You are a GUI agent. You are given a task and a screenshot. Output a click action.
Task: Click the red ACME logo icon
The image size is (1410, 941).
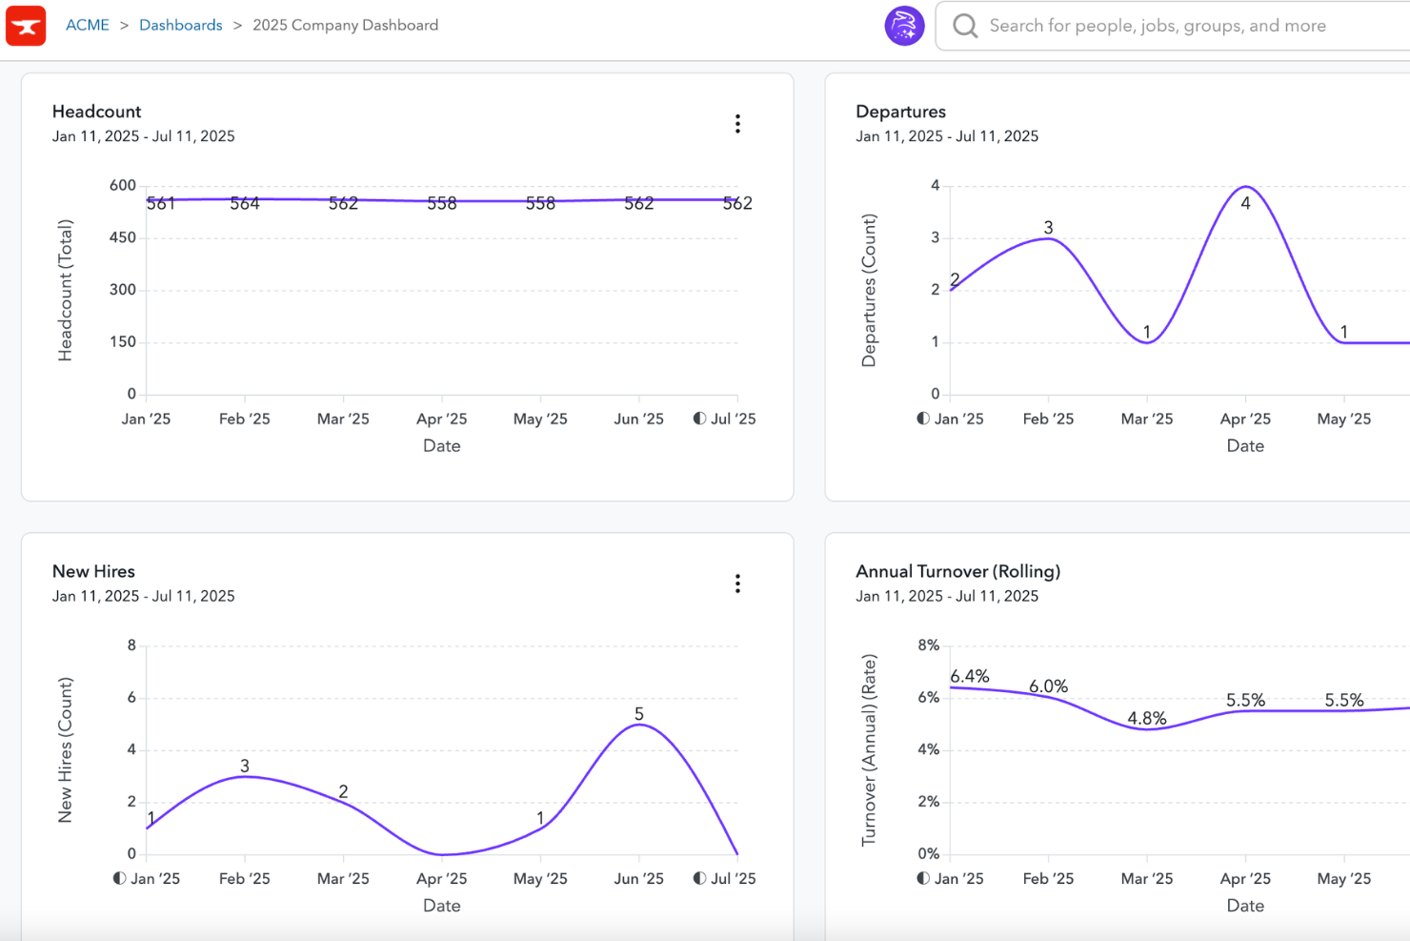coord(26,26)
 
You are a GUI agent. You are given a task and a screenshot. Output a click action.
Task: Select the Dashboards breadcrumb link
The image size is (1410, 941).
coord(180,26)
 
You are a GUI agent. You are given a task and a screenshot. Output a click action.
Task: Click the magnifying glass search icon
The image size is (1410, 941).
coord(965,26)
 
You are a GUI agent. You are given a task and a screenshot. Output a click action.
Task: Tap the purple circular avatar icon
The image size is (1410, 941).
coord(904,26)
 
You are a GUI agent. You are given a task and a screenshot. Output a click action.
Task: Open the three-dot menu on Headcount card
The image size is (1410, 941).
coord(737,124)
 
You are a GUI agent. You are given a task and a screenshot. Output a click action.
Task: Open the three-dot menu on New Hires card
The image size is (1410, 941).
coord(737,583)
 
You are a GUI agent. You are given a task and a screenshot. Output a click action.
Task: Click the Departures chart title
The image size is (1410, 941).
coord(900,112)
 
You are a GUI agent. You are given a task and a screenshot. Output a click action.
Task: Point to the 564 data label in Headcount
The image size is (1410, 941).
coord(245,203)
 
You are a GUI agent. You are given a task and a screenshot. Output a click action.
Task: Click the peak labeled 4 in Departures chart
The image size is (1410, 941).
coord(1245,202)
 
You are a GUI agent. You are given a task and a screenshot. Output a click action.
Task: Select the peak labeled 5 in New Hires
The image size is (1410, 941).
coord(639,714)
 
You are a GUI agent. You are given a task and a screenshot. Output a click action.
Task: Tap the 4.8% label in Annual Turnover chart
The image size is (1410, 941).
coord(1146,719)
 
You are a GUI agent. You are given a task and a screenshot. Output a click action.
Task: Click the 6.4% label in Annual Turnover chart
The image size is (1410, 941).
coord(970,677)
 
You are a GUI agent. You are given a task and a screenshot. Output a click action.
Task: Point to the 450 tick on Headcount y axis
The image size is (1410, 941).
coord(123,237)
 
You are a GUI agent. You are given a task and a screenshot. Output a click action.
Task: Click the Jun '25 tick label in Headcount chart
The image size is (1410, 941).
coord(638,419)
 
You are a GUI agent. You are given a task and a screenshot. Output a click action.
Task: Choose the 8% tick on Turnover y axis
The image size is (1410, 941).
coord(929,645)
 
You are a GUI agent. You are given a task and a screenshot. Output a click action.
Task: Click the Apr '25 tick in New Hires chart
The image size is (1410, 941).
coord(442,879)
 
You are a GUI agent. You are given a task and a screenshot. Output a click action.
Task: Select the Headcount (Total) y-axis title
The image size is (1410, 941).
coord(65,291)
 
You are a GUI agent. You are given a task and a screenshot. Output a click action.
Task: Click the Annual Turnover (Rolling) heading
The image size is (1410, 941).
coord(957,571)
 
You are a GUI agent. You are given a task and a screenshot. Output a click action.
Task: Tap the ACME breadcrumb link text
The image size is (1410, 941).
coord(88,26)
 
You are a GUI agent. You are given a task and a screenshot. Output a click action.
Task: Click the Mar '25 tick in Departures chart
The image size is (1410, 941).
coord(1147,419)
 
